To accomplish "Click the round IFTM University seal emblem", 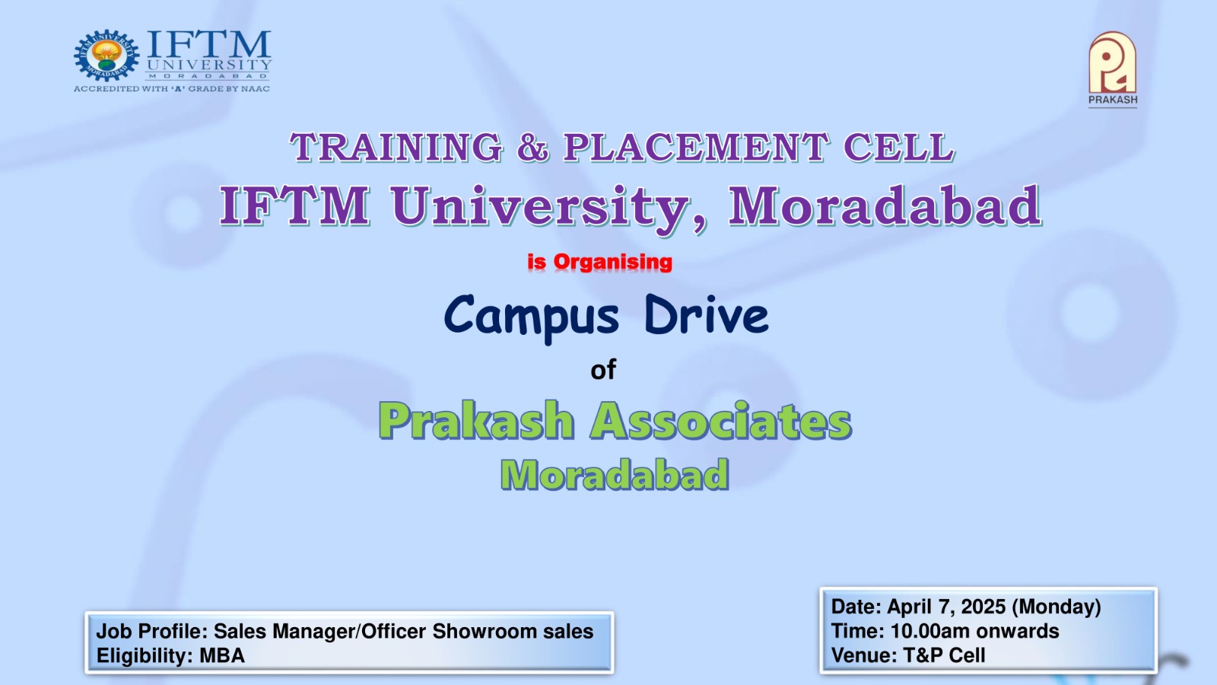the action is [106, 56].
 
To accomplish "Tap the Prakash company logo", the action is [1113, 68].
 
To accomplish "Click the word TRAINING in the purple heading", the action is [396, 148].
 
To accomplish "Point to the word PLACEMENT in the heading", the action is [696, 148].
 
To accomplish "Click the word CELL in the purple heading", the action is [899, 148].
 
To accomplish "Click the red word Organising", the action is [613, 262].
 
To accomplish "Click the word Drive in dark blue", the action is [707, 314].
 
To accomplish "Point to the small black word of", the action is [603, 370].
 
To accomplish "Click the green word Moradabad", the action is [615, 475].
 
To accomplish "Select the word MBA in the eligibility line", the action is [222, 655].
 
